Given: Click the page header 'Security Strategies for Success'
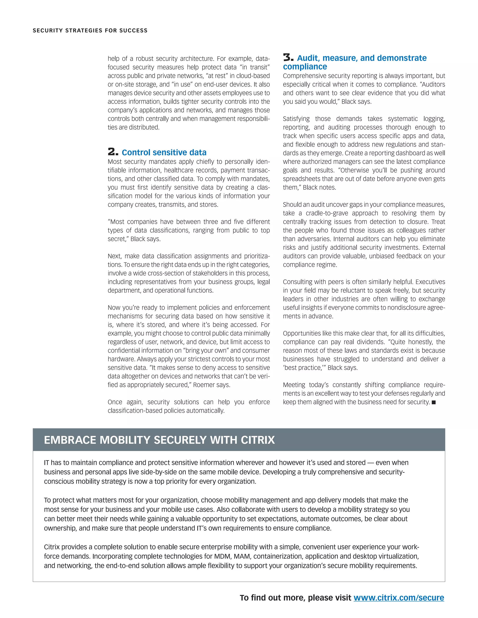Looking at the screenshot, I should [x=90, y=31].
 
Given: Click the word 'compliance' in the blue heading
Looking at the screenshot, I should [x=305, y=66].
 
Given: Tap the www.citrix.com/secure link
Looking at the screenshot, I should [x=399, y=598].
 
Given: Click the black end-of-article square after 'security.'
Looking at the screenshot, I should [x=434, y=402].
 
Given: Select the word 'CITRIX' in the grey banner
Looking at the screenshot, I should [x=258, y=440].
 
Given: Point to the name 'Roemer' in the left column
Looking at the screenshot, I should [x=203, y=385].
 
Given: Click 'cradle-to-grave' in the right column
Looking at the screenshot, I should [x=327, y=213].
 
